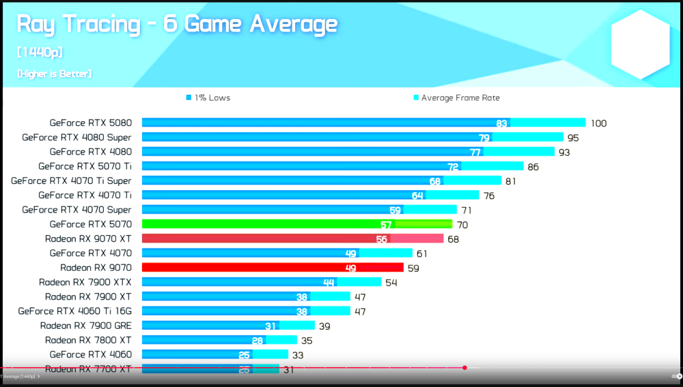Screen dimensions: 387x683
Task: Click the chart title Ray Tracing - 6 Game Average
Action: coord(177,25)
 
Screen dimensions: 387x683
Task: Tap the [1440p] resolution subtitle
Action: coord(40,53)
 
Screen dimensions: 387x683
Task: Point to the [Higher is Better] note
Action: coord(54,73)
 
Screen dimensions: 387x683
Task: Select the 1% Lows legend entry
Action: coord(208,98)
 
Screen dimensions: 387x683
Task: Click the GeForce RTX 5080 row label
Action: coord(90,123)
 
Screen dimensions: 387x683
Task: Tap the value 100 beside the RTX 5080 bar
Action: coord(598,124)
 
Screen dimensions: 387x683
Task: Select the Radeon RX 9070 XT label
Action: coord(88,239)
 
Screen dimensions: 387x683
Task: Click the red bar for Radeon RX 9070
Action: coord(273,267)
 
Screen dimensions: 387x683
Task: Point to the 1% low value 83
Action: coord(502,123)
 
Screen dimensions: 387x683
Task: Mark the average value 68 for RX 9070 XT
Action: coord(453,239)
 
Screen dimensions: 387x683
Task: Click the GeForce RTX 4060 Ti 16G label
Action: coord(74,310)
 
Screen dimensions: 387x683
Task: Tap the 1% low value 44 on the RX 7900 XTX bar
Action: coord(329,282)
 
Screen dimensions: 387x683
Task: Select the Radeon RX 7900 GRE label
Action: coord(85,325)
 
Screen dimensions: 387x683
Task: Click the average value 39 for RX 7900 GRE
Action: coord(325,326)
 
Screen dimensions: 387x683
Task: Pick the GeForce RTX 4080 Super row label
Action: coord(76,137)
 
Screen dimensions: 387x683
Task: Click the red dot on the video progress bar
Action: coord(464,368)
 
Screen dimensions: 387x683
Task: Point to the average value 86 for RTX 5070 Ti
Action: coord(533,167)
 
